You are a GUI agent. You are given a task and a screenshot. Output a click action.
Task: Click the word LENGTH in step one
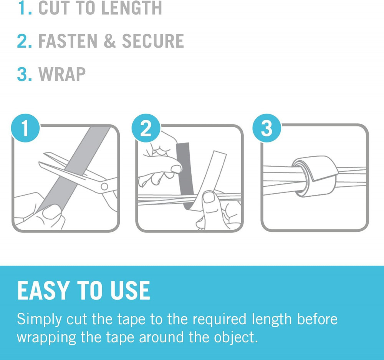pyautogui.click(x=131, y=8)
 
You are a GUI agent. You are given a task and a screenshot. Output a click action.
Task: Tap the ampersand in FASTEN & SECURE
pyautogui.click(x=109, y=41)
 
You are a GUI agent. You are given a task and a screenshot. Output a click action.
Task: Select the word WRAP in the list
pyautogui.click(x=62, y=74)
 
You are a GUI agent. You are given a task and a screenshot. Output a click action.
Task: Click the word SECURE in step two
pyautogui.click(x=153, y=41)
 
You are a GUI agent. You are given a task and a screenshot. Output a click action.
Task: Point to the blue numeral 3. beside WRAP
pyautogui.click(x=25, y=74)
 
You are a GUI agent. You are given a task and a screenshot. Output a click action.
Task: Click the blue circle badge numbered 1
pyautogui.click(x=25, y=128)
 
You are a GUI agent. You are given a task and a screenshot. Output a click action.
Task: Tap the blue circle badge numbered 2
pyautogui.click(x=146, y=128)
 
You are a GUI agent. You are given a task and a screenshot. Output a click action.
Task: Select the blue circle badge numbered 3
pyautogui.click(x=267, y=128)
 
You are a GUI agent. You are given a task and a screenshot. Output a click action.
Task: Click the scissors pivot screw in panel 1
pyautogui.click(x=104, y=186)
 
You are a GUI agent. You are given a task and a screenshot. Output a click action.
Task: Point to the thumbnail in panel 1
pyautogui.click(x=52, y=212)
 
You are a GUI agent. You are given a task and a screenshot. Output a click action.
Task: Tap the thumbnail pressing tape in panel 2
pyautogui.click(x=209, y=197)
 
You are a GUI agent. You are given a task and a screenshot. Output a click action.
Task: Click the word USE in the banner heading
pyautogui.click(x=130, y=290)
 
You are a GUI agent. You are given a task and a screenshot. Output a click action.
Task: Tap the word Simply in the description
pyautogui.click(x=40, y=320)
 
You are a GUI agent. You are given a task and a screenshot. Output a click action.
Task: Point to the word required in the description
pyautogui.click(x=219, y=320)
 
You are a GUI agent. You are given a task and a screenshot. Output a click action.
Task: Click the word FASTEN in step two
pyautogui.click(x=68, y=41)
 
